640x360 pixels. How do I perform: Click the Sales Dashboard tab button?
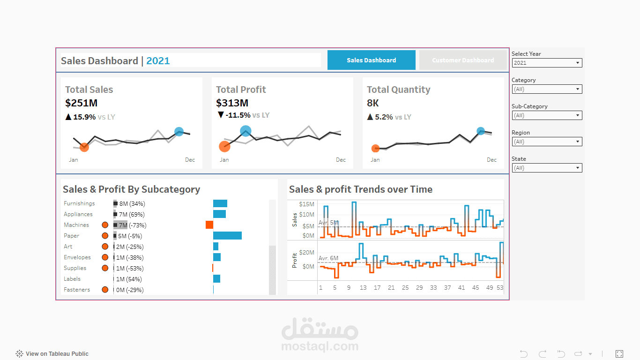pos(371,60)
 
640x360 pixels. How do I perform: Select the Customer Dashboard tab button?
pos(463,60)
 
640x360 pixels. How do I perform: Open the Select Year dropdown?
pos(547,63)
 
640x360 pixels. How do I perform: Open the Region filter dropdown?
pos(547,142)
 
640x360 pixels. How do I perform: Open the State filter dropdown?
pos(547,168)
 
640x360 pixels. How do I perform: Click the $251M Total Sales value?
pos(81,103)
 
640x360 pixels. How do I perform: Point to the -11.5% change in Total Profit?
pos(238,115)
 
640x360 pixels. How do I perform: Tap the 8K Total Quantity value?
pos(372,103)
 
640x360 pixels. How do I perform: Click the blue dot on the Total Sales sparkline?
pos(179,132)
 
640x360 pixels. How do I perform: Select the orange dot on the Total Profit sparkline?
pos(224,146)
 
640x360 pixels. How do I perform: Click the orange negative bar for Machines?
pos(209,225)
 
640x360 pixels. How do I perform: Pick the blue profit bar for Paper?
pos(227,236)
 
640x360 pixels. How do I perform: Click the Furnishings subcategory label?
pos(79,203)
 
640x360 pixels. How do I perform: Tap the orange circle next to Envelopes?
pos(105,257)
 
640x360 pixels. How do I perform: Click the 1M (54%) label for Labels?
pos(129,279)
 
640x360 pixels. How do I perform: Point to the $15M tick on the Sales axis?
pos(306,204)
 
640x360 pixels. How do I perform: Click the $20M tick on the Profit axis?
pos(306,253)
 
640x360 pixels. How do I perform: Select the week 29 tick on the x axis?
pos(419,288)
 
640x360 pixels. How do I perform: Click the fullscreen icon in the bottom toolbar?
pos(619,354)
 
